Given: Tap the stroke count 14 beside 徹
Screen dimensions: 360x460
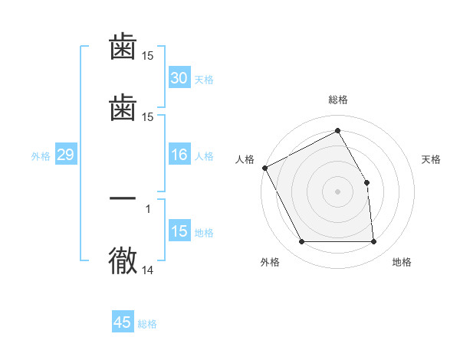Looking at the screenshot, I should [148, 270].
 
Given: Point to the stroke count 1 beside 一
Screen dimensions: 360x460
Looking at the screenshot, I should [148, 208].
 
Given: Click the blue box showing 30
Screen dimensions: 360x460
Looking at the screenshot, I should [179, 78].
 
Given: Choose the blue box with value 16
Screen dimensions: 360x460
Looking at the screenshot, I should [179, 155].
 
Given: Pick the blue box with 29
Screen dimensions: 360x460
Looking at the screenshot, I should [65, 155].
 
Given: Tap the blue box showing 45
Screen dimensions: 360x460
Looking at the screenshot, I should [123, 322].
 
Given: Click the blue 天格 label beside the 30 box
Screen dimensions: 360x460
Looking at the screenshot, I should [204, 80].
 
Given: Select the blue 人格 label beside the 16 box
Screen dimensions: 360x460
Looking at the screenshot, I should [204, 156].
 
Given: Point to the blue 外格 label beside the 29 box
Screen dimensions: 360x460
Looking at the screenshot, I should [41, 156].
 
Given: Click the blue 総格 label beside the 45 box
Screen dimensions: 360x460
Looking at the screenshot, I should [147, 324].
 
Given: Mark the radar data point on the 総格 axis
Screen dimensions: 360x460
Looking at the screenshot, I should [337, 131].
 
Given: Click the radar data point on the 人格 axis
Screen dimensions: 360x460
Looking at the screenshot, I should [265, 168].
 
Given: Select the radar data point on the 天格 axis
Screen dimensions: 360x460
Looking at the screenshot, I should [366, 182].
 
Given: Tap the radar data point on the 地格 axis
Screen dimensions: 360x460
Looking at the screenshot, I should [373, 242].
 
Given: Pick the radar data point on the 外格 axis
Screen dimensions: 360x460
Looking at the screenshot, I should [301, 242].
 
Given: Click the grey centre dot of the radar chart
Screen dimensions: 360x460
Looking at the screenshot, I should [337, 191].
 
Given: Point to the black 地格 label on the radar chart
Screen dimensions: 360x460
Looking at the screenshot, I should [402, 263].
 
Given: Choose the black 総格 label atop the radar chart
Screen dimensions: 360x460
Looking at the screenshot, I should [337, 100].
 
